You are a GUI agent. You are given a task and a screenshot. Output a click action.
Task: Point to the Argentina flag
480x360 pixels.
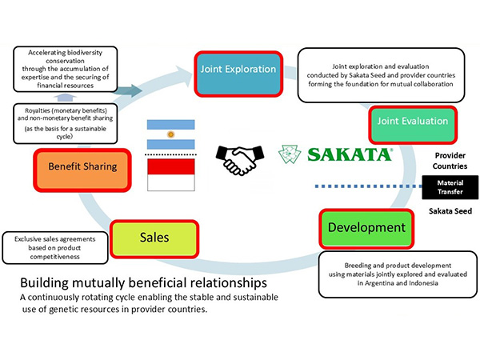tap(170, 132)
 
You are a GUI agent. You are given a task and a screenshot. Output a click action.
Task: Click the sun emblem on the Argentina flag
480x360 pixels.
tap(170, 132)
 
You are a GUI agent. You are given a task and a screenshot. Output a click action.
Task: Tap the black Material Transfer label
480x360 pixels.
tap(449, 186)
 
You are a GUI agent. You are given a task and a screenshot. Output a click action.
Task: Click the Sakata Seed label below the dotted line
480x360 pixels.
tap(449, 214)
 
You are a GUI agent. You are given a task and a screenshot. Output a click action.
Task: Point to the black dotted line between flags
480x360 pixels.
tap(170, 153)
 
